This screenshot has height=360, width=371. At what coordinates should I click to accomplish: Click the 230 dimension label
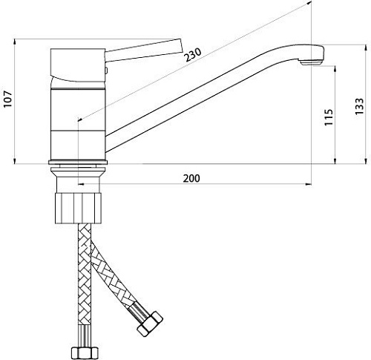click(194, 55)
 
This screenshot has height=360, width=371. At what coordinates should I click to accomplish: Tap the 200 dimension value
click(191, 178)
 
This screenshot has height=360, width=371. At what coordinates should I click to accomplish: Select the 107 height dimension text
click(8, 99)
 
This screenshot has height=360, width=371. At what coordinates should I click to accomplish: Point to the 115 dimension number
click(329, 117)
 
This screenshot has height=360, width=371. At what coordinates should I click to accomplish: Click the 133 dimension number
click(359, 106)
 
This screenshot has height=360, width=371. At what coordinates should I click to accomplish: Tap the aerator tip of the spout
click(312, 63)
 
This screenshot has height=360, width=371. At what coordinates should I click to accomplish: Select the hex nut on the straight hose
click(84, 352)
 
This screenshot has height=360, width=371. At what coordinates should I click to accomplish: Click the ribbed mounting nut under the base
click(78, 208)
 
